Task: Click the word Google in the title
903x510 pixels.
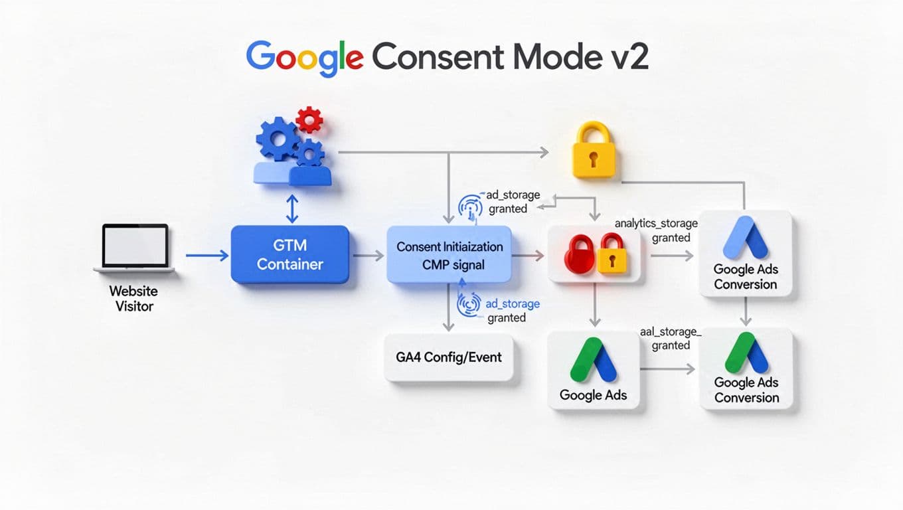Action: pos(304,56)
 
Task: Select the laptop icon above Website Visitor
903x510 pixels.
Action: pos(134,248)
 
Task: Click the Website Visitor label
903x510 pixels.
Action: pos(134,299)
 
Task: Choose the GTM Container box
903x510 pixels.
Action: pos(289,255)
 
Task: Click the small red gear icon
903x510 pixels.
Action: pos(309,120)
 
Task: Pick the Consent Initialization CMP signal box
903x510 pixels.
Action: pos(450,255)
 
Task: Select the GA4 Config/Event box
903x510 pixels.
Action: pos(449,357)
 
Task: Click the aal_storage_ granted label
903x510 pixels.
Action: pos(669,338)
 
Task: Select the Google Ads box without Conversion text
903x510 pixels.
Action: pos(593,369)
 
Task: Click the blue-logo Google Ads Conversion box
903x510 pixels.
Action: pos(745,254)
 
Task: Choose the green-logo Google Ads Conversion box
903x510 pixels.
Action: pos(746,369)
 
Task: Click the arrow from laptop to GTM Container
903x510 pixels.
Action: pos(206,255)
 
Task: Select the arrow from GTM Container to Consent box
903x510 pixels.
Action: pos(368,255)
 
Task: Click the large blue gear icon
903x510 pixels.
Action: pos(277,138)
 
